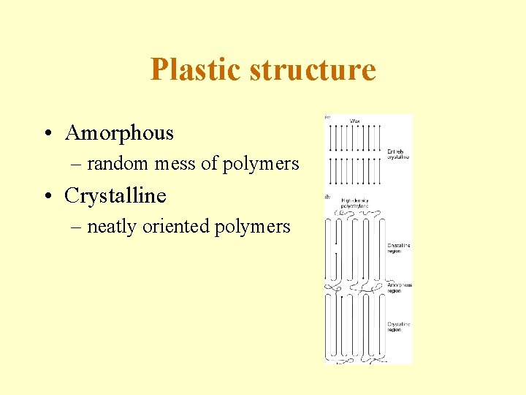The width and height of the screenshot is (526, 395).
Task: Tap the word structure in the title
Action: [313, 70]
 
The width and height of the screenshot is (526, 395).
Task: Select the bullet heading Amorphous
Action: [119, 133]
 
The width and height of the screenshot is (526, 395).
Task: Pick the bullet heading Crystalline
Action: [115, 196]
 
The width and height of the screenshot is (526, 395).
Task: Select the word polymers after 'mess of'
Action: [260, 165]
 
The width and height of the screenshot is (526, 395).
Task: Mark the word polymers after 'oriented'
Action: [252, 227]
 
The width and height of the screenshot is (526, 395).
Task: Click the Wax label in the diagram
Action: [355, 120]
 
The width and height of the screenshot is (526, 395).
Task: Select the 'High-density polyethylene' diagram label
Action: [354, 203]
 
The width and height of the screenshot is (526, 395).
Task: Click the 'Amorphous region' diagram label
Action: [400, 288]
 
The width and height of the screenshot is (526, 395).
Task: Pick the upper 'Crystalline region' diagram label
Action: [399, 247]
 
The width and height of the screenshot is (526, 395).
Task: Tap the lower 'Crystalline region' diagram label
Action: [399, 326]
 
